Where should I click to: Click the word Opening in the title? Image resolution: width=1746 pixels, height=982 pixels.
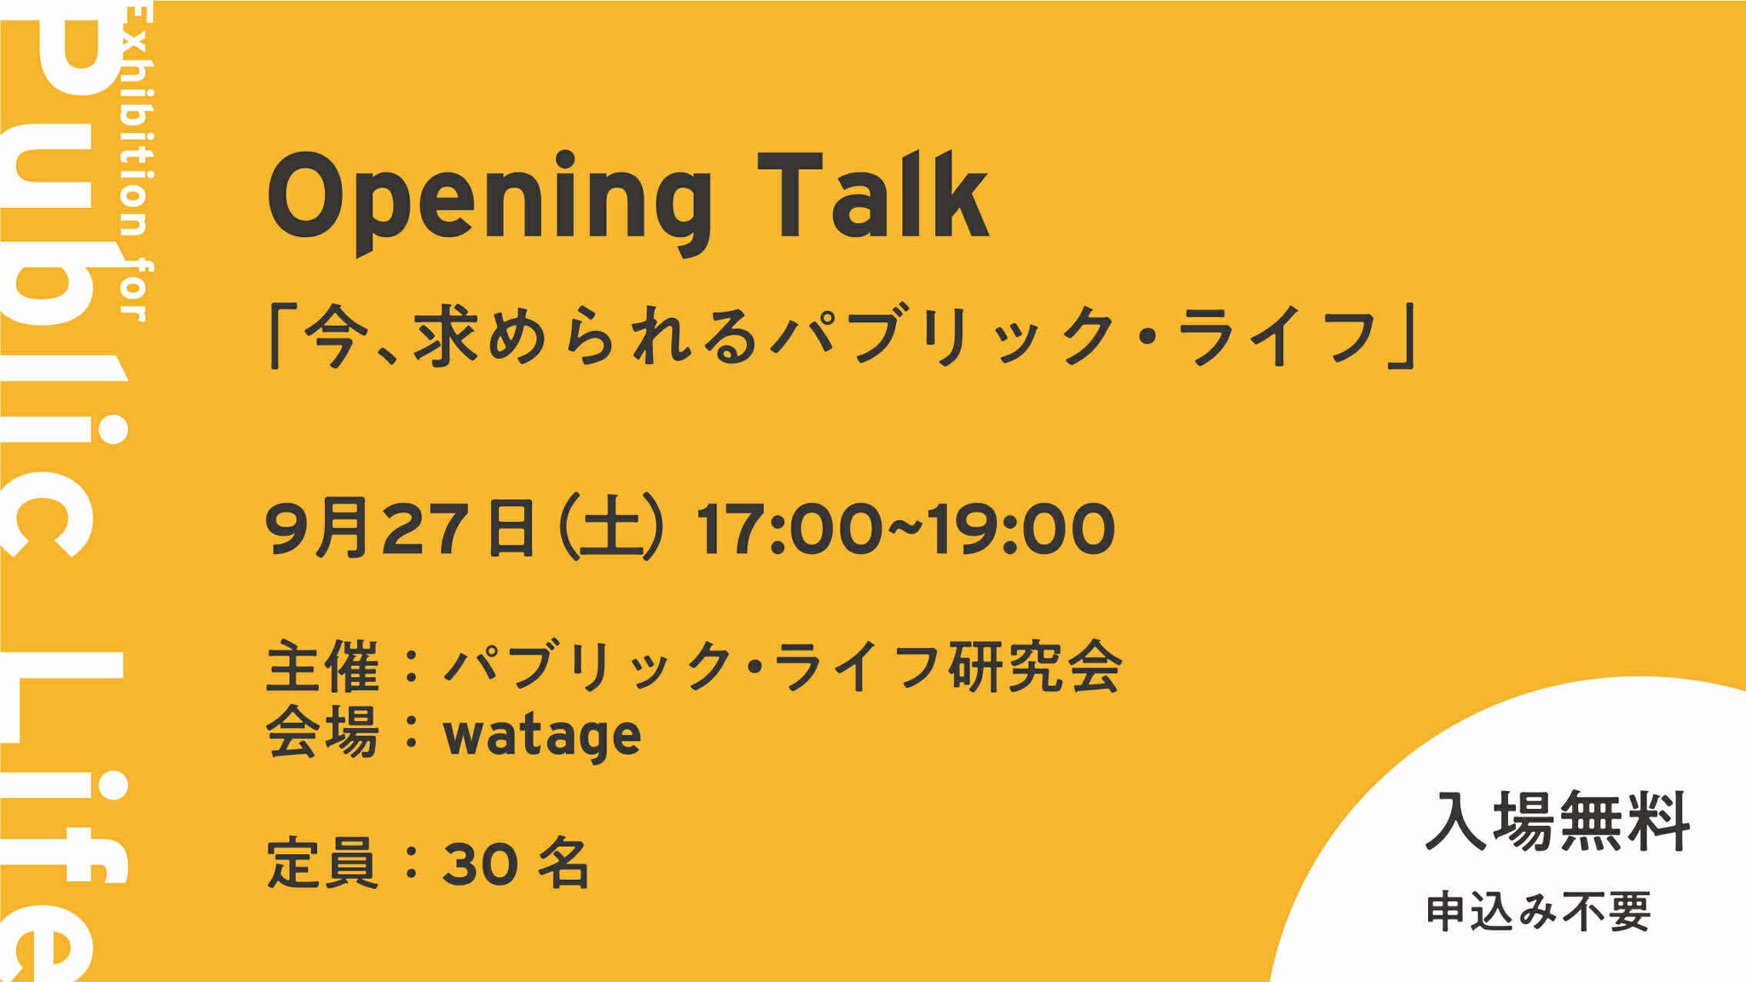(x=489, y=202)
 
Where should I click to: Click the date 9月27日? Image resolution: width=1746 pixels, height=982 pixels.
(x=401, y=529)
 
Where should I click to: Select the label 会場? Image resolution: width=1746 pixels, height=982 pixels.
(x=322, y=732)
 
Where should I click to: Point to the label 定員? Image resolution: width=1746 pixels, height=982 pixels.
(x=322, y=863)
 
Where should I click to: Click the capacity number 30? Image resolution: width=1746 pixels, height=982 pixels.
(x=480, y=864)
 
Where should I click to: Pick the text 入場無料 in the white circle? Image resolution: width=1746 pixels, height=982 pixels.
(x=1558, y=822)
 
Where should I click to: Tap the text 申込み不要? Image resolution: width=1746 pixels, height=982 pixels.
(x=1539, y=911)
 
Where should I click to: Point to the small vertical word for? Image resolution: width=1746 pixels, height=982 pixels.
(x=135, y=292)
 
